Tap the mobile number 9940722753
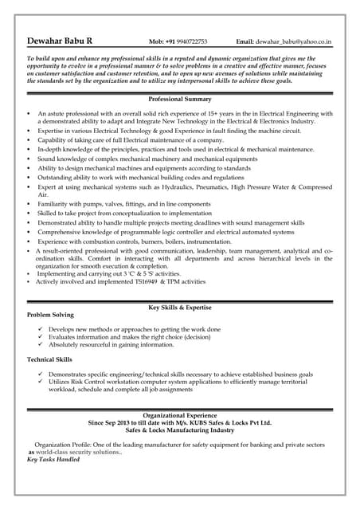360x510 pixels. (191, 41)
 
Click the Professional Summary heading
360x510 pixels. (180, 99)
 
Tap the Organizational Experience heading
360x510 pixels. (180, 415)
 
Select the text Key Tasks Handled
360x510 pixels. (54, 460)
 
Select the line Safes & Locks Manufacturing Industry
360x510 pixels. (180, 430)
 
